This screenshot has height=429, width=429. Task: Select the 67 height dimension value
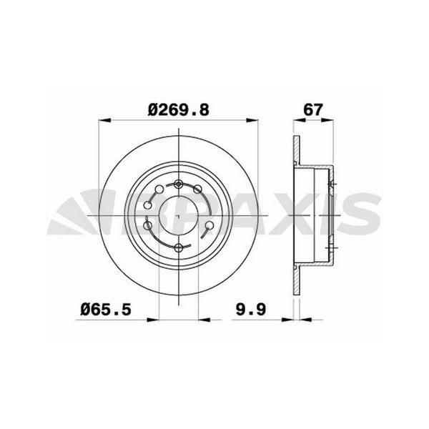pos(312,110)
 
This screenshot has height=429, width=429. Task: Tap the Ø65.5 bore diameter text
pos(107,310)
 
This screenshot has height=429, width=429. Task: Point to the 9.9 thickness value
pos(251,310)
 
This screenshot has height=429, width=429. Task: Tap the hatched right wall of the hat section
pos(331,214)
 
